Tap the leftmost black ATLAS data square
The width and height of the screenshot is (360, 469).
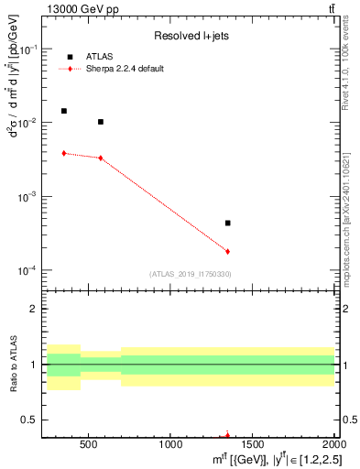[64, 111]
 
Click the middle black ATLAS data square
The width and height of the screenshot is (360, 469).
[101, 122]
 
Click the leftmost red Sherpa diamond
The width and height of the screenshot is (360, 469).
[64, 153]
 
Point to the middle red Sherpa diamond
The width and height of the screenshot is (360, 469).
[101, 158]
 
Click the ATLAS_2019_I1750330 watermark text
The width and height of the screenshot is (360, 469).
[190, 274]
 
